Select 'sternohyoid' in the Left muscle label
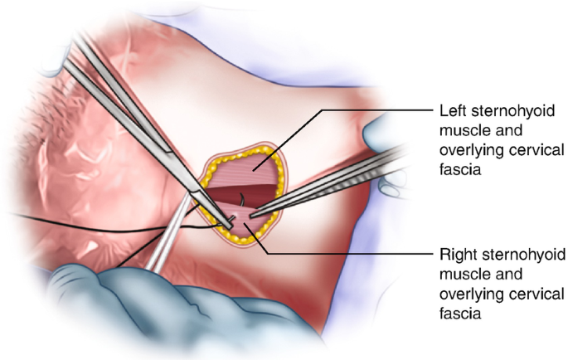click(x=495, y=111)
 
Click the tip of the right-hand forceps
click(x=250, y=215)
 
